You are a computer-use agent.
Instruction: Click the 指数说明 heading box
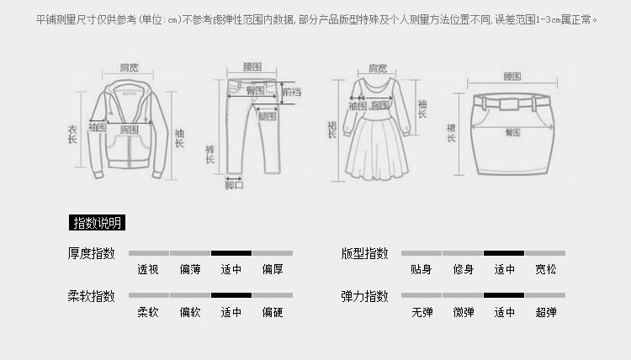[97, 223]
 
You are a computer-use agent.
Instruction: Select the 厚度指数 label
[92, 253]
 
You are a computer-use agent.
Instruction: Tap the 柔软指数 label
[92, 296]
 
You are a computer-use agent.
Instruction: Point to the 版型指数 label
[364, 253]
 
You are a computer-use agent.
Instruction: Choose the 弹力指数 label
[364, 296]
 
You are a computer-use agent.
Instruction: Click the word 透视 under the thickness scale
[148, 270]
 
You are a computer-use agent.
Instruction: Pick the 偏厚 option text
[273, 270]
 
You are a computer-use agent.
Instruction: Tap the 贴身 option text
[422, 270]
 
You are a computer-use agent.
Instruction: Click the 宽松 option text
[546, 270]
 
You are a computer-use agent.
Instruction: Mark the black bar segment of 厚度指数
[231, 252]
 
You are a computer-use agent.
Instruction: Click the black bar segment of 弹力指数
[504, 295]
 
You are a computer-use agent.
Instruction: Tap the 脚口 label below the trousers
[234, 185]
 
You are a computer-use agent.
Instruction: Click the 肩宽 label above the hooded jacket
[129, 67]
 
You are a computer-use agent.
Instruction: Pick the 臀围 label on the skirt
[512, 132]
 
